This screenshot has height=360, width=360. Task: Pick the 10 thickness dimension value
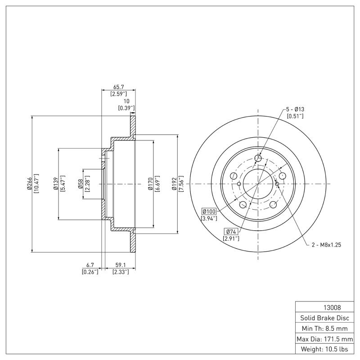tap(126, 101)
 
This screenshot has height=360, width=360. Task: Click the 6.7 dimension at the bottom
tap(90, 265)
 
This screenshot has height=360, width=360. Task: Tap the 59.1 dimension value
tap(121, 265)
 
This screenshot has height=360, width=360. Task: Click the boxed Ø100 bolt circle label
tap(209, 211)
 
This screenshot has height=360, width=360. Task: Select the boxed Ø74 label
tap(230, 231)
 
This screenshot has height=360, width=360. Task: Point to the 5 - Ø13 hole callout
tap(295, 109)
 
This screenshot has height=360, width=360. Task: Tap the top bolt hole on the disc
tap(258, 158)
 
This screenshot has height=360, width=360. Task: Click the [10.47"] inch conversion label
tap(37, 184)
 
